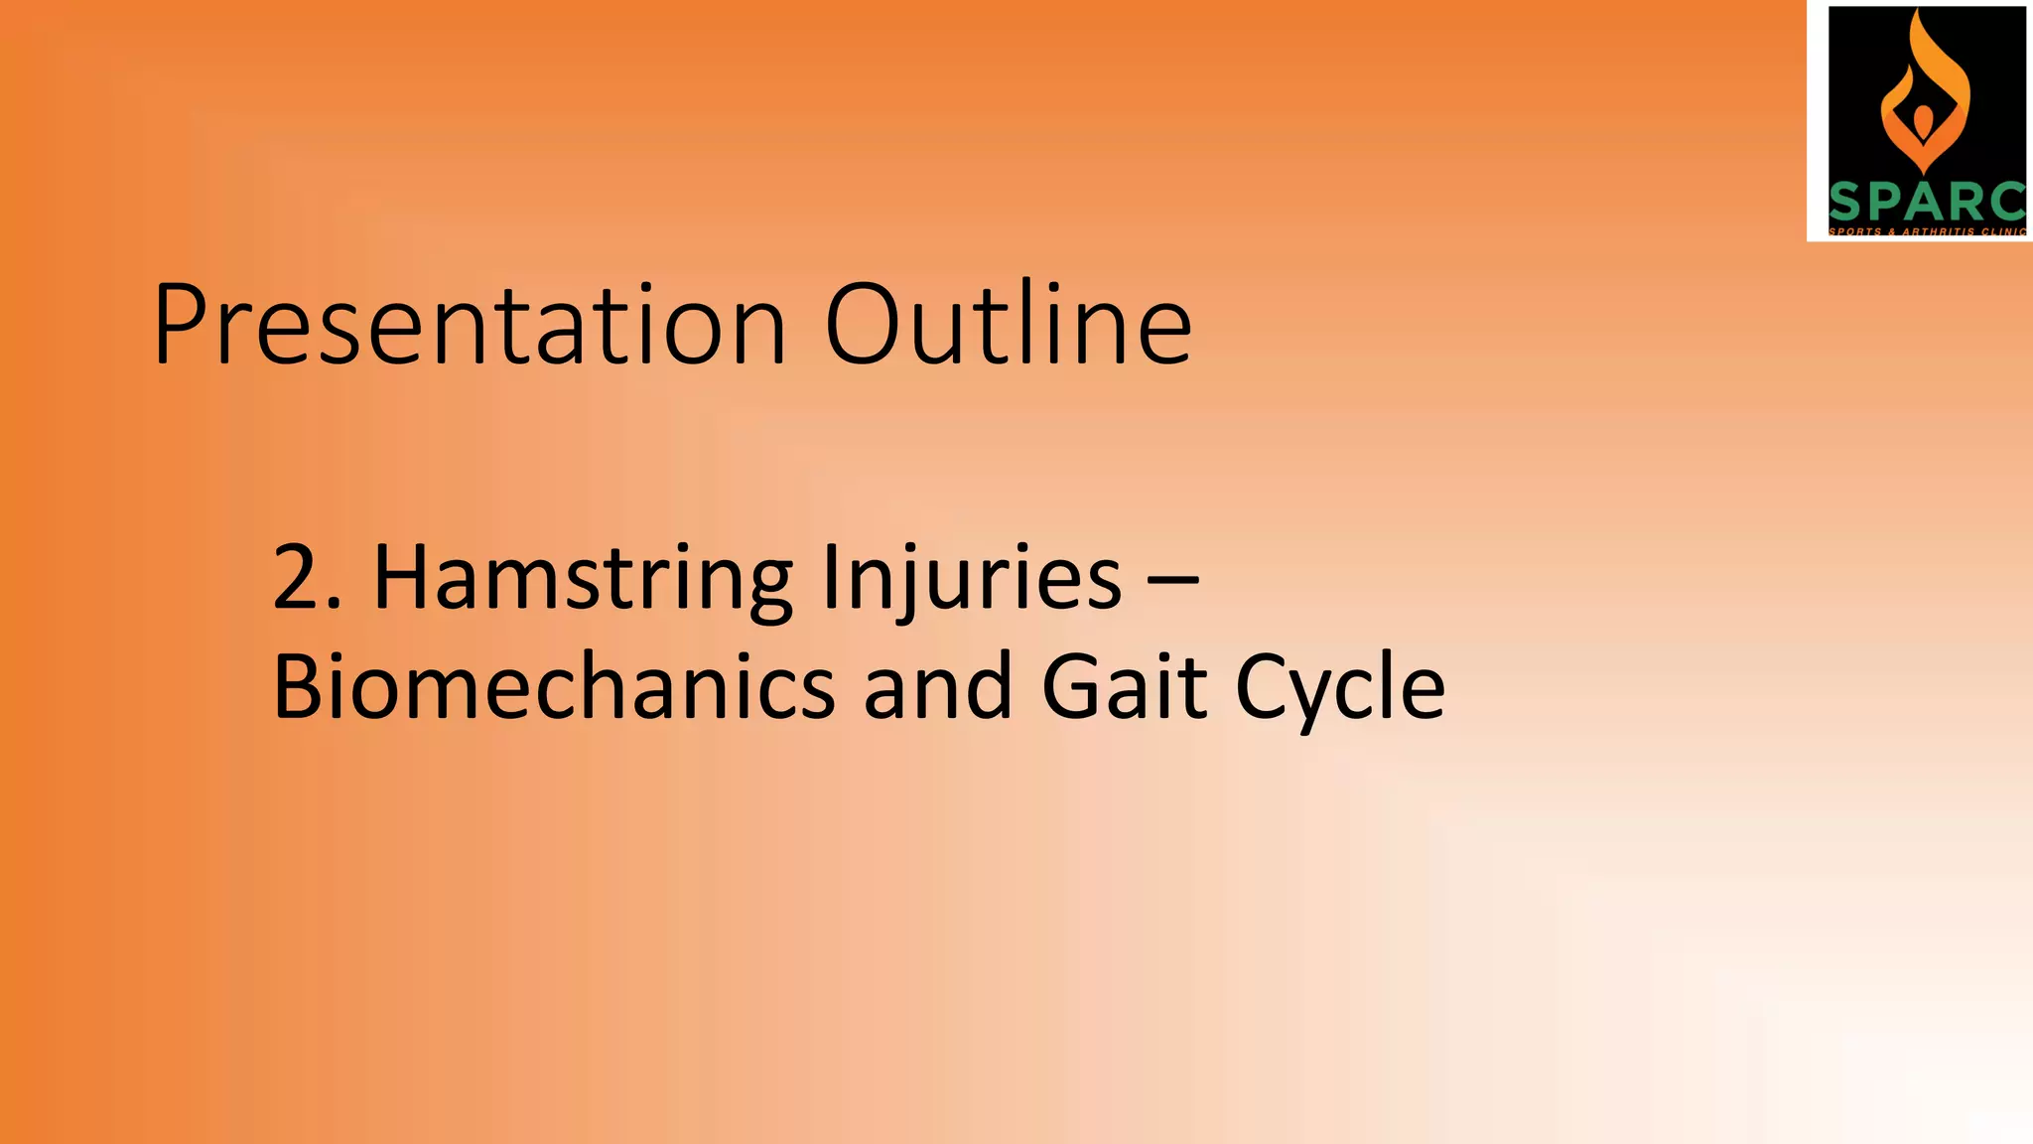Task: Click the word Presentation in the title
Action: click(471, 326)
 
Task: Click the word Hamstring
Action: click(583, 580)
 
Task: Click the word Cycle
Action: click(1340, 688)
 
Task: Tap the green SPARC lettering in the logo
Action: click(1926, 202)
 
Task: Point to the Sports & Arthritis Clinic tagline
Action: click(1926, 231)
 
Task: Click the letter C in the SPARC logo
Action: click(2004, 202)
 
